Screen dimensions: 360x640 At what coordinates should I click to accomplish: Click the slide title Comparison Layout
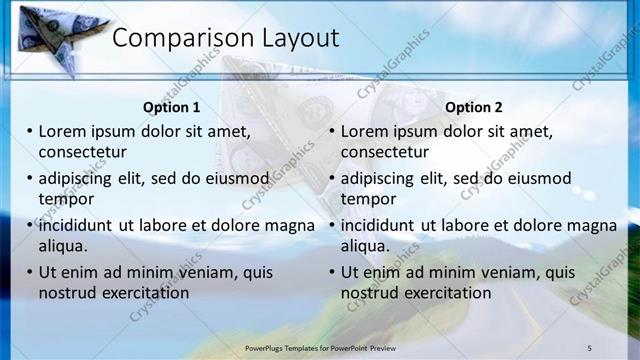pyautogui.click(x=225, y=39)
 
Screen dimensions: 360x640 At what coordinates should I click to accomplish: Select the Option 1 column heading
pyautogui.click(x=171, y=107)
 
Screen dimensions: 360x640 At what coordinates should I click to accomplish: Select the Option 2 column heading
pyautogui.click(x=474, y=107)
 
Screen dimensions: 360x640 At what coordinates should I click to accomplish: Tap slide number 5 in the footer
pyautogui.click(x=589, y=347)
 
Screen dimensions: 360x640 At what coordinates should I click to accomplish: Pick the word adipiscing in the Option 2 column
pyautogui.click(x=379, y=178)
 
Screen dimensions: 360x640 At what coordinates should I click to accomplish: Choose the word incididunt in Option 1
pyautogui.click(x=76, y=225)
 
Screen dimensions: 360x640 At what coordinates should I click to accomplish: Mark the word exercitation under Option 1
pyautogui.click(x=144, y=292)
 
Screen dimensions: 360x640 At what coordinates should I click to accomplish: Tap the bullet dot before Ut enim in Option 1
pyautogui.click(x=30, y=272)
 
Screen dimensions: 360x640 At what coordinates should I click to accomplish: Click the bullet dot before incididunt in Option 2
pyautogui.click(x=333, y=225)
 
